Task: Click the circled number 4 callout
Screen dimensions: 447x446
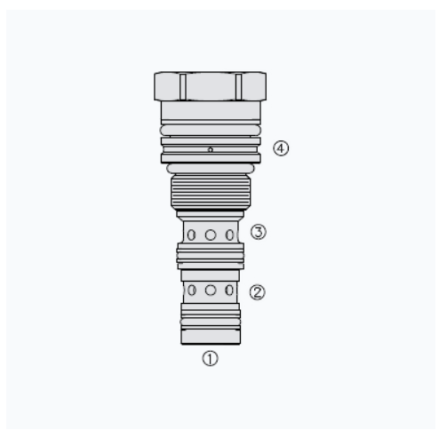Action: (281, 148)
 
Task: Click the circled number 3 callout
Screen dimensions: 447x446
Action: (259, 232)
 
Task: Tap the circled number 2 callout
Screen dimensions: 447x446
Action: (257, 292)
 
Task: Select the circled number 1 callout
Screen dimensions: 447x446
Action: (210, 358)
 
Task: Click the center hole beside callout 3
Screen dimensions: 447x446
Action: (211, 235)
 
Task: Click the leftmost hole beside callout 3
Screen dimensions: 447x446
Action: (192, 235)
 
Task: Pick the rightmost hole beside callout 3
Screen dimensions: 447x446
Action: (229, 235)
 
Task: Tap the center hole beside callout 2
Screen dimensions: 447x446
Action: (211, 291)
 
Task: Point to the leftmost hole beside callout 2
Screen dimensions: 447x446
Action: (192, 291)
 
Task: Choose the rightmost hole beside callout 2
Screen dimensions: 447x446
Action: (229, 291)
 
